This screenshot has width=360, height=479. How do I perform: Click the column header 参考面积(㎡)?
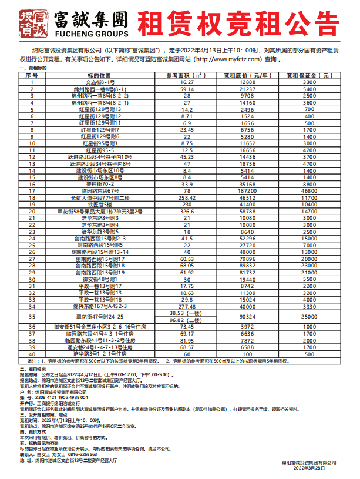click(x=187, y=76)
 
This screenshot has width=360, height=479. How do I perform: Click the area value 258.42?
click(x=187, y=198)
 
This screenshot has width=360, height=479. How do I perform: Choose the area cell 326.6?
click(x=187, y=210)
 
